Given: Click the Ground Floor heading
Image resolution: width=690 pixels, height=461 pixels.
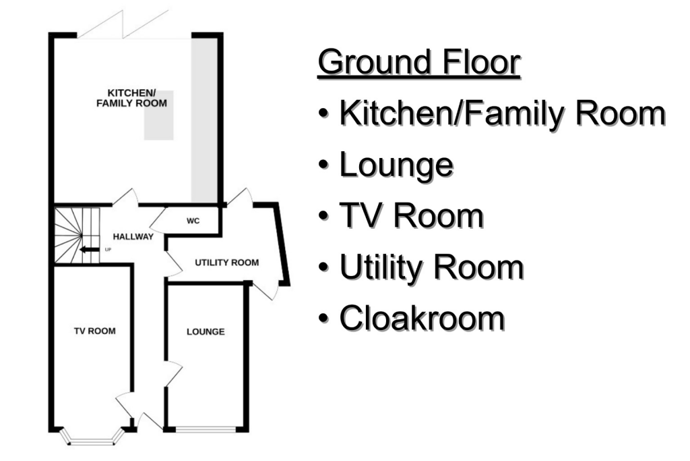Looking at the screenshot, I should pos(418,63).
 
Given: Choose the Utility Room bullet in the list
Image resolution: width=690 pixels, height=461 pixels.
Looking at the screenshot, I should pos(431,267).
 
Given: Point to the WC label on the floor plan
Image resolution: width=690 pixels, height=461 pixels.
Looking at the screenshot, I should pos(192,220).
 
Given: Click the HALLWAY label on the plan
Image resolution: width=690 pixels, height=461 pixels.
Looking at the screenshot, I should pos(133,237).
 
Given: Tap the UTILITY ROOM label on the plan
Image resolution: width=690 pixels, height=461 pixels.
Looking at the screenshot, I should pos(226,263).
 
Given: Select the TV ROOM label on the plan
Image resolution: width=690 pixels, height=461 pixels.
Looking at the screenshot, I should pos(94,331).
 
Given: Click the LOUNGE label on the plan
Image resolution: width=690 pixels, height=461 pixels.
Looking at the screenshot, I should pos(206,331).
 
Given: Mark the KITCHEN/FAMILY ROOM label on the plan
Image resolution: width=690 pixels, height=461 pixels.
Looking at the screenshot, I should pos(132,99).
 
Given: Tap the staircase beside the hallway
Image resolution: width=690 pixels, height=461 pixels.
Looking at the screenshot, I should pos(75,234).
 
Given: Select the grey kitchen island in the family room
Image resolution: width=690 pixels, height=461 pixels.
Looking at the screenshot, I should pos(158,115).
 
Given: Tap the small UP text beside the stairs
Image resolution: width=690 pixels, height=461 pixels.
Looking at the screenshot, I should pos(108,250).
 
